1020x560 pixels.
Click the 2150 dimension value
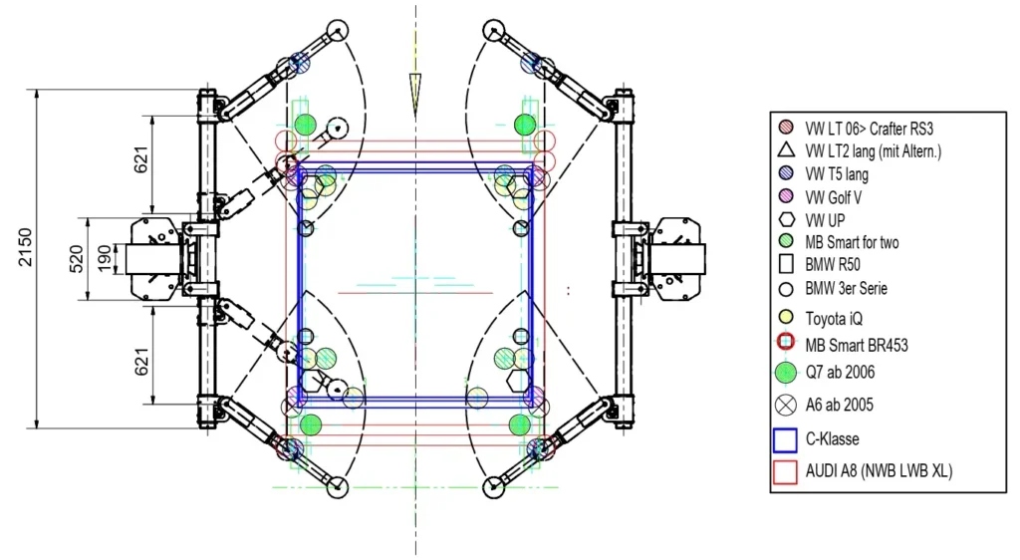coord(25,247)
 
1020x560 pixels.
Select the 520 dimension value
coord(77,259)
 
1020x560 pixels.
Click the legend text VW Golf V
coord(834,197)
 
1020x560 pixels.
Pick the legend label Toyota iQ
coord(834,319)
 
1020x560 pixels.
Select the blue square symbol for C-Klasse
coord(786,439)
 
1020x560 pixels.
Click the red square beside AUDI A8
coord(786,472)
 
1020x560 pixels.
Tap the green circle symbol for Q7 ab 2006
coord(786,373)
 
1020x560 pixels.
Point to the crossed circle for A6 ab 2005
coord(786,406)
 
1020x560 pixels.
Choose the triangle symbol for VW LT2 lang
coord(787,150)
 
